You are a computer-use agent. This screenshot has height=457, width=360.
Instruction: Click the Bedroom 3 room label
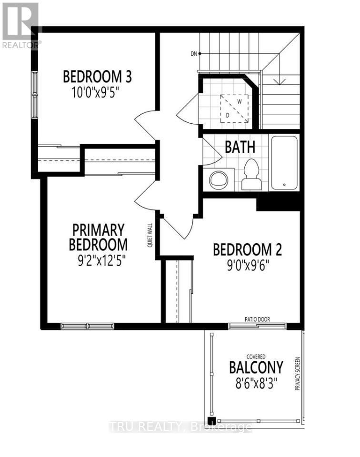click(98, 76)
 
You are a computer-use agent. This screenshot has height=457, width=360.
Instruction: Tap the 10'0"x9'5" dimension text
click(98, 91)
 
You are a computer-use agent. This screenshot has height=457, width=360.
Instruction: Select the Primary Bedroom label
click(99, 237)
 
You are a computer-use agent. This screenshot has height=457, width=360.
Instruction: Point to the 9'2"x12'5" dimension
click(99, 260)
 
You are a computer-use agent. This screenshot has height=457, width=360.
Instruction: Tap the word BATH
click(240, 147)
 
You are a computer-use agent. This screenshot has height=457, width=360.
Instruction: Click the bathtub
click(284, 163)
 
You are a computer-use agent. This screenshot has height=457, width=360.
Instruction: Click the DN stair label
click(193, 53)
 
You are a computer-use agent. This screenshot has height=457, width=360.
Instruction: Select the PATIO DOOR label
click(257, 319)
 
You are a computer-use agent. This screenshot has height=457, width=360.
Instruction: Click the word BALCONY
click(256, 368)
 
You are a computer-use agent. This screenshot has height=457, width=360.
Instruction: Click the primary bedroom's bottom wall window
click(87, 326)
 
